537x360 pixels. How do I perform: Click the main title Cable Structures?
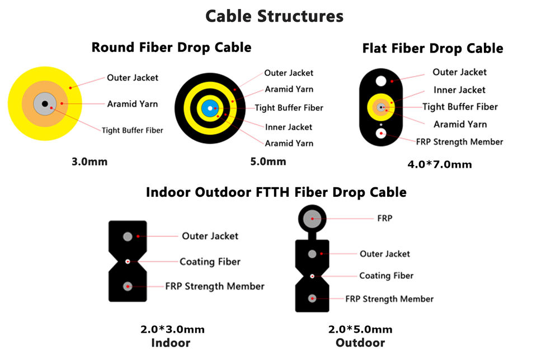tap(274, 16)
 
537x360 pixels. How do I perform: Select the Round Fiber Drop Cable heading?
tap(171, 47)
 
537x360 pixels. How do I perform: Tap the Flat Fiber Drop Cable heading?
tap(432, 48)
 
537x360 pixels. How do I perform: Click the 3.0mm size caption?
tap(89, 162)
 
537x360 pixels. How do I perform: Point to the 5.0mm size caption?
tap(268, 162)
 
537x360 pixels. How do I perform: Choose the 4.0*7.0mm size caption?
tap(440, 164)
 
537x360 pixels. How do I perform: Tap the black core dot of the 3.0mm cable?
tap(45, 103)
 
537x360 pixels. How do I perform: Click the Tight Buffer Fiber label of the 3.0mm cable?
tap(132, 130)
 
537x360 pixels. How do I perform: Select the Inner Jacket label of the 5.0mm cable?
tap(289, 127)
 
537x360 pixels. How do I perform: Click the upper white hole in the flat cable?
tap(381, 81)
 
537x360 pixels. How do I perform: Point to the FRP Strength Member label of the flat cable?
tap(460, 141)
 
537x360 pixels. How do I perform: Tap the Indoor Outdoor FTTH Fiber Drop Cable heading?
tap(276, 192)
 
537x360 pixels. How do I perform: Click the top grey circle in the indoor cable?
tap(128, 236)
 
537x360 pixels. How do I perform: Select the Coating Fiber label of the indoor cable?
tap(210, 262)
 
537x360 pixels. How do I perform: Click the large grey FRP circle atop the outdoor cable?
tap(312, 219)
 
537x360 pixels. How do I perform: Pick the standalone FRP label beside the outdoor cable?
tap(385, 219)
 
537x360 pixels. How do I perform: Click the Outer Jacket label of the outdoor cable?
tap(385, 254)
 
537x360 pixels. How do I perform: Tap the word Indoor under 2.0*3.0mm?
tap(171, 343)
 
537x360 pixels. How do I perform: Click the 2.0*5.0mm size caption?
tap(360, 330)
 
